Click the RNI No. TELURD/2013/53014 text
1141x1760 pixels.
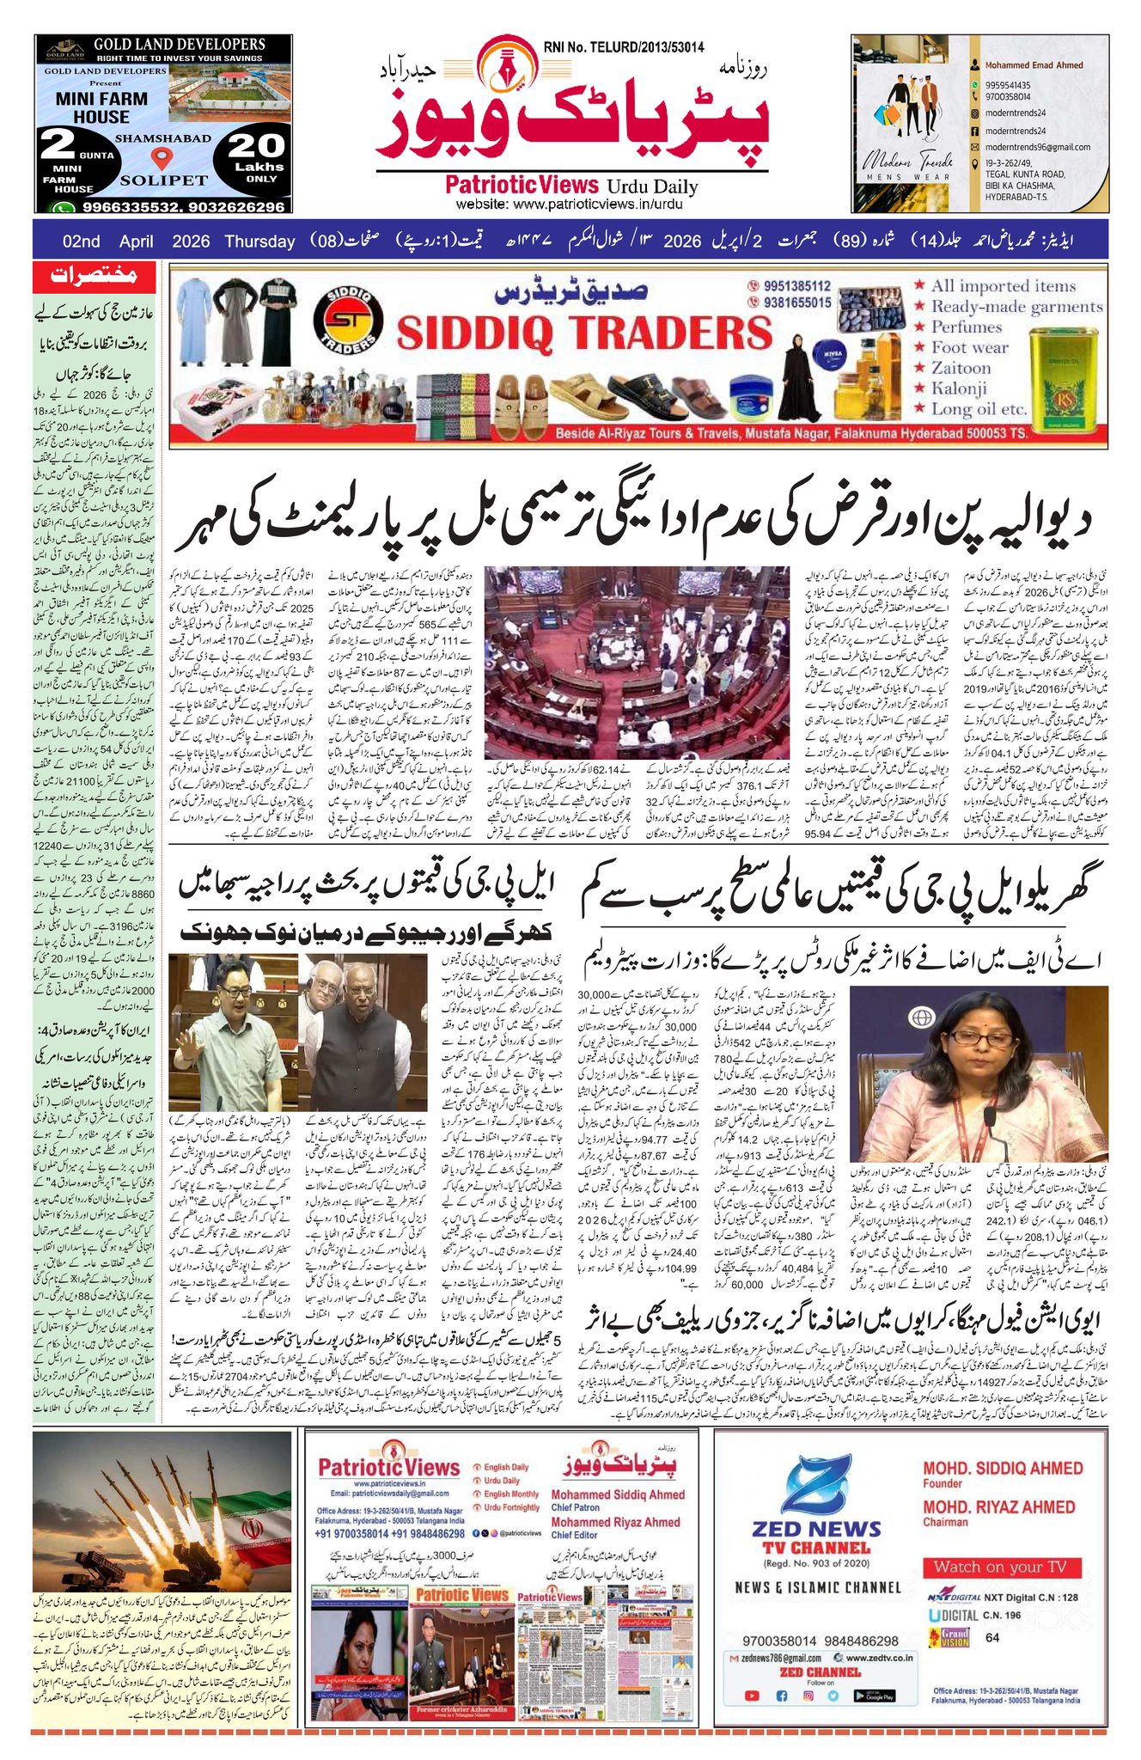click(624, 47)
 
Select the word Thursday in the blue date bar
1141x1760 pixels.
click(259, 241)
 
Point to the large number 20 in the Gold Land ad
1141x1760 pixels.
click(256, 144)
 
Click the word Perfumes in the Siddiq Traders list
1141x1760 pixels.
click(967, 327)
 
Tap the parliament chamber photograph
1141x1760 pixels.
click(636, 662)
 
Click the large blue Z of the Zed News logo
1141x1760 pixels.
click(815, 1484)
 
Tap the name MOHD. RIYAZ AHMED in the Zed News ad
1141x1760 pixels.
click(998, 1507)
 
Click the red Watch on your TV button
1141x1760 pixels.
click(1000, 1567)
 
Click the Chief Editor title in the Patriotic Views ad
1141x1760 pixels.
click(574, 1535)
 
